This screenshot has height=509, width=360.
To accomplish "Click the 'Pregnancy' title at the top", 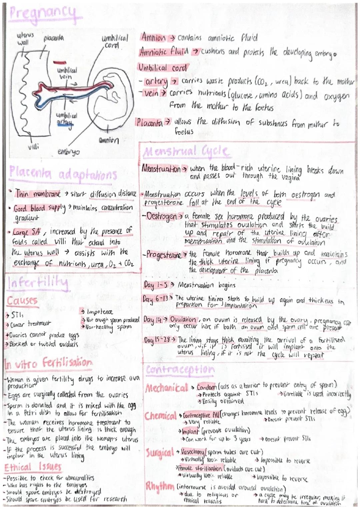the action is click(43, 13).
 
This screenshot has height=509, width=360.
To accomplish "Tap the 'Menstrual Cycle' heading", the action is click(186, 152).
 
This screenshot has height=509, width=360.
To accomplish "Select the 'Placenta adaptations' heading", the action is click(63, 174).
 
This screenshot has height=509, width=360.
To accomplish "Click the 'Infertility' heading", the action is click(37, 284).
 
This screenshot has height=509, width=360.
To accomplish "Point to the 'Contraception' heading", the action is click(180, 369).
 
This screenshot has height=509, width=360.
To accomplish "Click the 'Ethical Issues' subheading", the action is click(33, 467).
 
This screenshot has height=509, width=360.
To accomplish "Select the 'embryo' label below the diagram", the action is click(69, 152).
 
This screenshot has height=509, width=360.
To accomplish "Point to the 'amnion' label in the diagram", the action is click(108, 140).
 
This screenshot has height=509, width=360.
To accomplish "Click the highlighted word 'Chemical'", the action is click(160, 416).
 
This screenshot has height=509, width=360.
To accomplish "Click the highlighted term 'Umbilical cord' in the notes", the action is click(162, 68).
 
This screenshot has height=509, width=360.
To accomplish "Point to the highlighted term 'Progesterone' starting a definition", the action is click(163, 255).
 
